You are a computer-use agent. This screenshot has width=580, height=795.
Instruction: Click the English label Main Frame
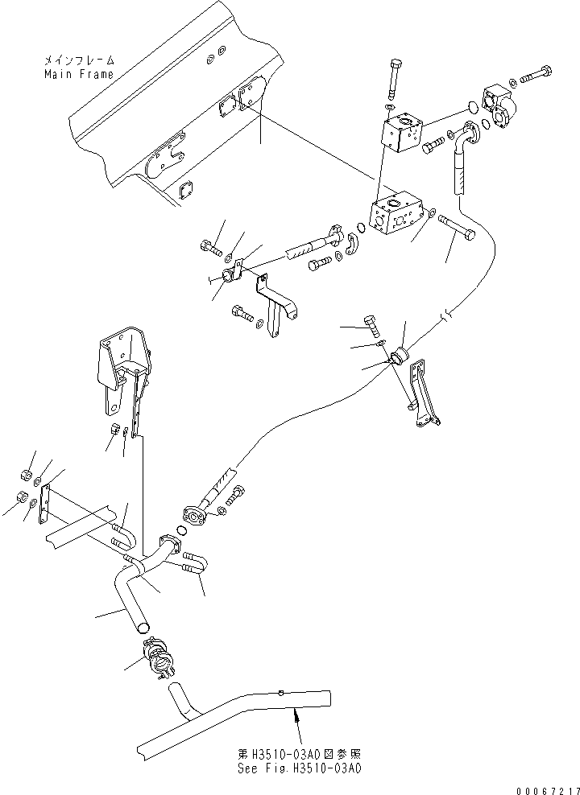click(x=79, y=74)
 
